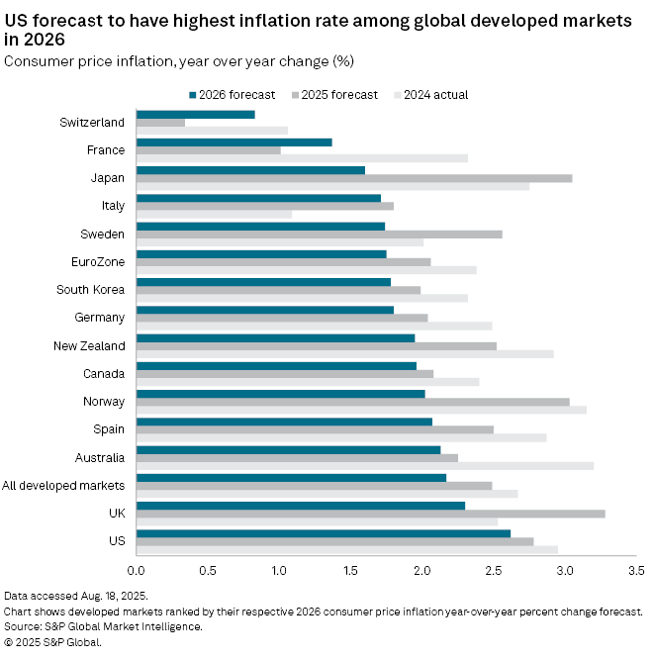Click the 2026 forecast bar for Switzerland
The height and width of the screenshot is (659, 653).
[195, 115]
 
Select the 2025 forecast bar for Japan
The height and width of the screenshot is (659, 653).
[353, 178]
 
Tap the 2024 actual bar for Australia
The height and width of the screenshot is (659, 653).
[364, 466]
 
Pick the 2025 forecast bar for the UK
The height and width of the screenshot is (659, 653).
[370, 514]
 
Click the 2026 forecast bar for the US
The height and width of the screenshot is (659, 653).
[323, 533]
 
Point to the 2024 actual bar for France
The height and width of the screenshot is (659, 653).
[302, 158]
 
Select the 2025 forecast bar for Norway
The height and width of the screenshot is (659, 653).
[352, 402]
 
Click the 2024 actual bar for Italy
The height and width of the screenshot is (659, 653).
[214, 215]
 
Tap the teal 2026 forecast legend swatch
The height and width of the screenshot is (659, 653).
[192, 95]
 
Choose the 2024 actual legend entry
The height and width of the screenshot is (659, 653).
[432, 95]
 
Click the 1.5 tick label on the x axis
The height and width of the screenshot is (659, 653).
[350, 571]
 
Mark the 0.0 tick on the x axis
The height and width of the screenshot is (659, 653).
[137, 571]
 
